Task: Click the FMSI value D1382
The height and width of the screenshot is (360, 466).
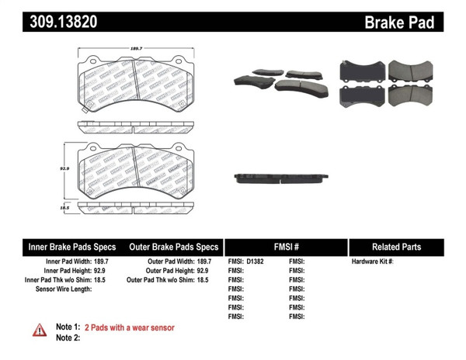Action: click(x=256, y=262)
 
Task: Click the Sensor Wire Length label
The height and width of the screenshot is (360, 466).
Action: click(x=64, y=288)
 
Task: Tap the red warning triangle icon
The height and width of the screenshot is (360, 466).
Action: click(x=39, y=331)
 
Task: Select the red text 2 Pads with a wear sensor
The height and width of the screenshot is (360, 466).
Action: click(x=129, y=327)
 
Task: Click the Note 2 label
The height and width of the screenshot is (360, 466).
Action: click(x=68, y=337)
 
